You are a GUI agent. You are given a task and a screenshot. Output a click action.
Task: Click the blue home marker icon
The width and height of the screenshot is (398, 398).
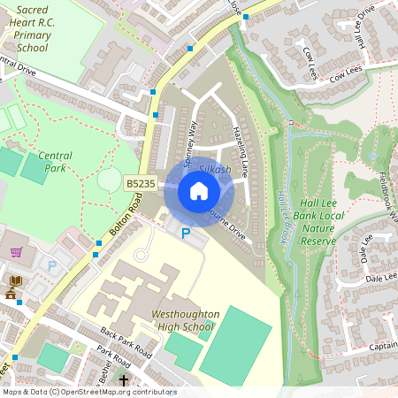pyautogui.click(x=199, y=190)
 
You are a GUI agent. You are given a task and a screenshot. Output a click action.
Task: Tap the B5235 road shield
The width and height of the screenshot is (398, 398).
pyautogui.click(x=141, y=183)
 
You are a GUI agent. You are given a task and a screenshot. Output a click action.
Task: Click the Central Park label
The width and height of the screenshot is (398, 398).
pyautogui.click(x=55, y=161)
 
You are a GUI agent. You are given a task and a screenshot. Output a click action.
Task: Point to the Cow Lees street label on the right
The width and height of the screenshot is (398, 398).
pyautogui.click(x=348, y=78)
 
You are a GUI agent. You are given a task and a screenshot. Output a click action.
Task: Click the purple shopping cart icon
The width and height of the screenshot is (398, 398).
pyautogui.click(x=16, y=251)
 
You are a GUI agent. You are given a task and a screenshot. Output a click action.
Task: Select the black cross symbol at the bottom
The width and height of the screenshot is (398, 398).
pyautogui.click(x=123, y=381)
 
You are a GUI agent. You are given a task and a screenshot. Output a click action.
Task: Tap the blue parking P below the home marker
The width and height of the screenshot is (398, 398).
pyautogui.click(x=185, y=233)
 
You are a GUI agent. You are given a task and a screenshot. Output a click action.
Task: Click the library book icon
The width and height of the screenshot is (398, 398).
pyautogui.click(x=15, y=281)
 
